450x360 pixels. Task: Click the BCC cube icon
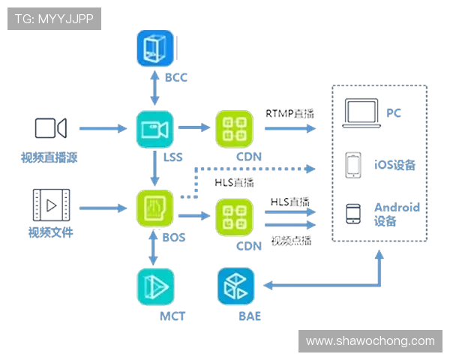pyautogui.click(x=155, y=49)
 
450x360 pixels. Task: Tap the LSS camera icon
pyautogui.click(x=154, y=129)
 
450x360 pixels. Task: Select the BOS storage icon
pyautogui.click(x=154, y=208)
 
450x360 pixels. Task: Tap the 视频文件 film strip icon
pyautogui.click(x=50, y=205)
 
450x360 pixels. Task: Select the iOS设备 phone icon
pyautogui.click(x=354, y=166)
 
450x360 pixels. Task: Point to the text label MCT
pyautogui.click(x=172, y=316)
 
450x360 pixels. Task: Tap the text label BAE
pyautogui.click(x=250, y=316)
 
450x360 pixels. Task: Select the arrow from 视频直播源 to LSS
pyautogui.click(x=103, y=129)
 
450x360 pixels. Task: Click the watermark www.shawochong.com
pyautogui.click(x=370, y=341)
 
